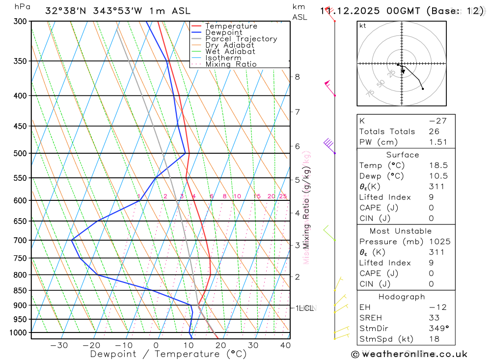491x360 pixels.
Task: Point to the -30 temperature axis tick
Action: pos(59,345)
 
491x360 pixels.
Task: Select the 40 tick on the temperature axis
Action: pos(285,345)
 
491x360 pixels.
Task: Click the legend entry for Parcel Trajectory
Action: pos(241,39)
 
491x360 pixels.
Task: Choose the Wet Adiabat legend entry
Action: pos(230,52)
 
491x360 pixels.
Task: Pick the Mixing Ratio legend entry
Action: pos(231,64)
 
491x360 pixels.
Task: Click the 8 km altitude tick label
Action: pos(297,77)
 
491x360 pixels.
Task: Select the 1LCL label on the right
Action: pos(304,308)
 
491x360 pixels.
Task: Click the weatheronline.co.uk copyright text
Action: pos(409,354)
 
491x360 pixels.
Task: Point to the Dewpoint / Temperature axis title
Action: pos(168,354)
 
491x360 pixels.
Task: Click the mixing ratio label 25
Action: pos(283,196)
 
